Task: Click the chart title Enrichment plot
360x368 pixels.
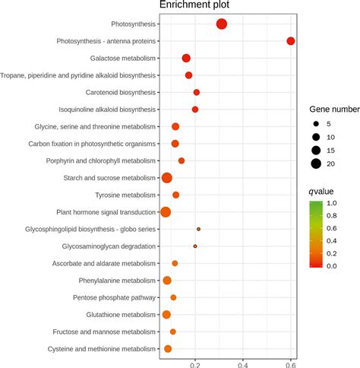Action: coord(194,6)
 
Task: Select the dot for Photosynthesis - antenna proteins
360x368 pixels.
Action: coord(290,41)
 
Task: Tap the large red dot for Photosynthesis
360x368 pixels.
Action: coord(222,24)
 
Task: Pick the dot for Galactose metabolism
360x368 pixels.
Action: coord(186,59)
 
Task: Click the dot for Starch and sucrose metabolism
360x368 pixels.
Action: coord(167,178)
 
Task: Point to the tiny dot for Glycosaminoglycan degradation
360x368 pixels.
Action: coord(195,246)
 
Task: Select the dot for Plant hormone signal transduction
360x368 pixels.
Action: coord(166,212)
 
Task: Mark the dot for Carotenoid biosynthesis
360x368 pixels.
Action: coord(197,93)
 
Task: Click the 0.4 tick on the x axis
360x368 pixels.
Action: coord(242,363)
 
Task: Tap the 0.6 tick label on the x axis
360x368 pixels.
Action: coord(290,363)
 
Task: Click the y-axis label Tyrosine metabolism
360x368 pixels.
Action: coord(123,195)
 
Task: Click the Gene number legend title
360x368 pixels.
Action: coord(334,109)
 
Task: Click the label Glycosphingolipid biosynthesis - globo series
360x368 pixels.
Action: coord(82,230)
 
